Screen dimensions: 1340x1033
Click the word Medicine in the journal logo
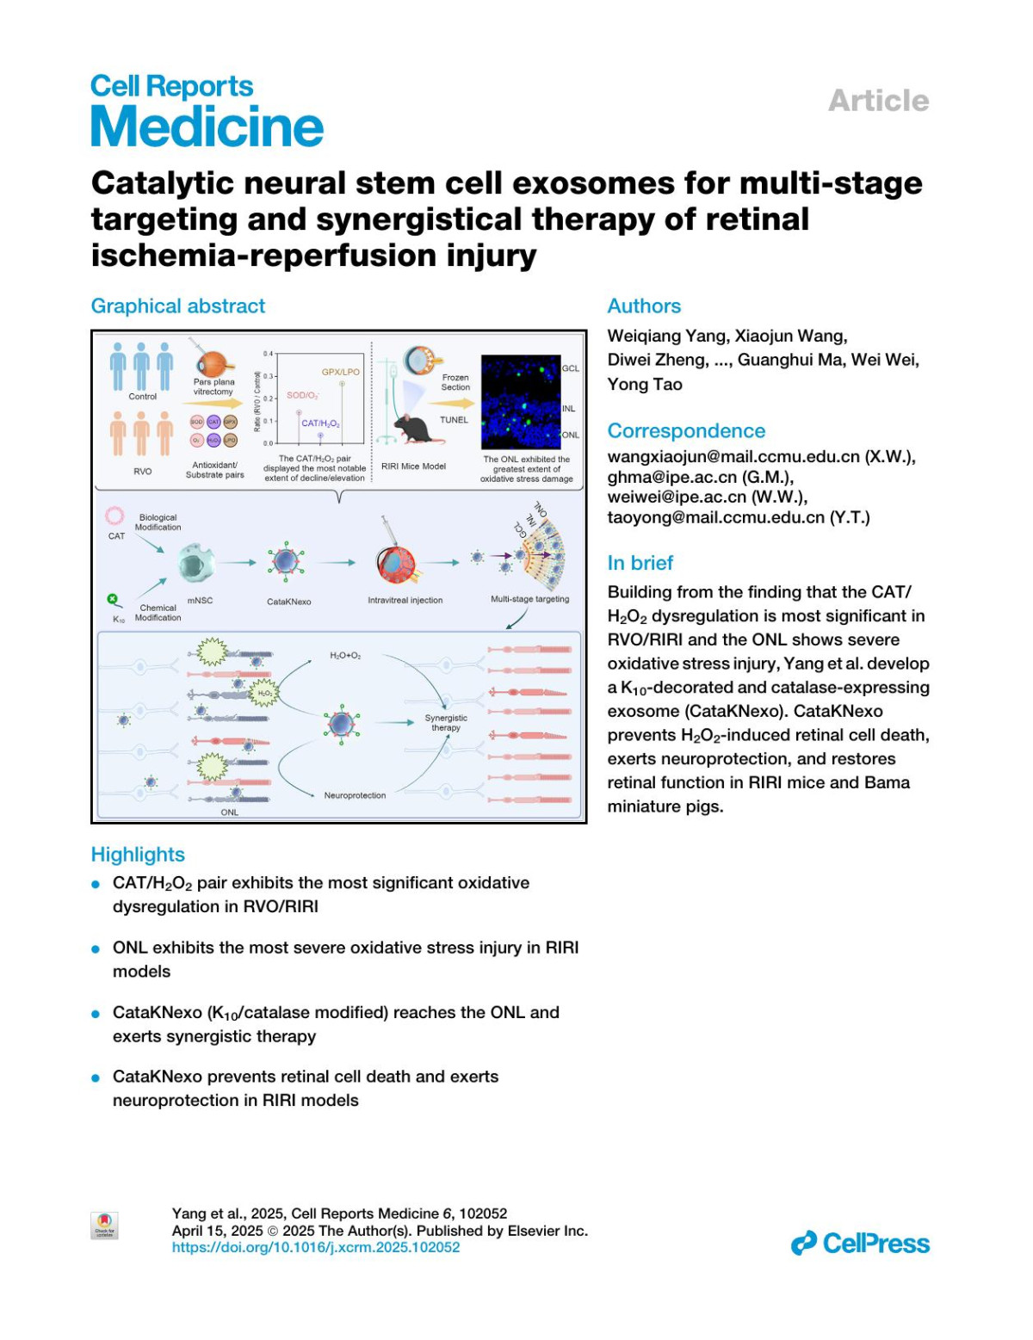(x=207, y=127)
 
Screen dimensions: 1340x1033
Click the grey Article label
(x=878, y=101)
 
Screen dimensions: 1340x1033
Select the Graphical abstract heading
(x=178, y=306)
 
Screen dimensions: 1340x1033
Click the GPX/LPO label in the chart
(x=341, y=372)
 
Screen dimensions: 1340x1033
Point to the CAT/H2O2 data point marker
(x=320, y=435)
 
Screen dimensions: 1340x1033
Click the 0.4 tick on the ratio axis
(x=268, y=354)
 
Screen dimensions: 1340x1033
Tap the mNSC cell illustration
(x=200, y=564)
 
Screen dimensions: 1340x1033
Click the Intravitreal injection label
(x=405, y=600)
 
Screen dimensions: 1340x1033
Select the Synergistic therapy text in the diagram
(x=446, y=723)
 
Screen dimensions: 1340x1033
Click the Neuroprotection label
(x=355, y=795)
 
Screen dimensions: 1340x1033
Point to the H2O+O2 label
(x=345, y=656)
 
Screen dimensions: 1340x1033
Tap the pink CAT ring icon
(x=114, y=516)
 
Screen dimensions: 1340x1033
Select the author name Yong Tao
(x=645, y=385)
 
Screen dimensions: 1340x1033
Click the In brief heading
(x=640, y=563)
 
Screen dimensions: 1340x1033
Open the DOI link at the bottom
(x=316, y=1247)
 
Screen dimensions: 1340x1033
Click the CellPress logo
(x=860, y=1244)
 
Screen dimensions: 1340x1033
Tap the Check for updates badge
(x=104, y=1225)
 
